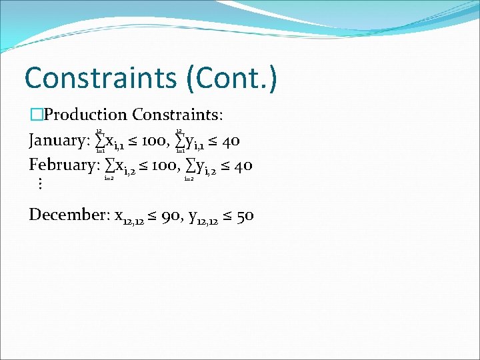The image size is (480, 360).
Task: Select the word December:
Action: click(x=69, y=215)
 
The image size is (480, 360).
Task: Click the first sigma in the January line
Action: click(x=99, y=141)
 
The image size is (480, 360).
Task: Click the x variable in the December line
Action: click(x=119, y=216)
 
